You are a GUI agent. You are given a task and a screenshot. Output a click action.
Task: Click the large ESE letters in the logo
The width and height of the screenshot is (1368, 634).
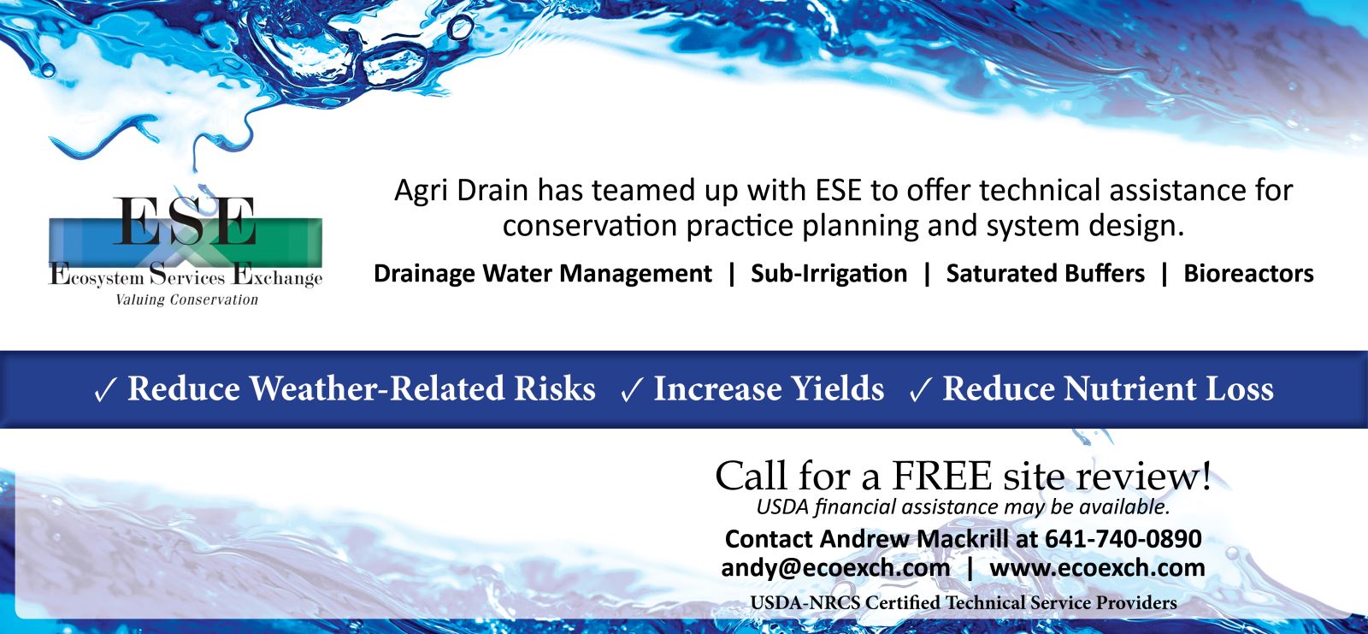tap(185, 221)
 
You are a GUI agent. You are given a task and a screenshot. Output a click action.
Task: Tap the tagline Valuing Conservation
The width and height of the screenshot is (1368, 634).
tap(187, 299)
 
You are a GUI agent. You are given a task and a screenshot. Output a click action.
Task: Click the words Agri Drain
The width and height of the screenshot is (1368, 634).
tap(461, 191)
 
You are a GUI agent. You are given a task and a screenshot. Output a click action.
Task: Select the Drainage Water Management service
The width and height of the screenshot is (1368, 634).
tap(542, 273)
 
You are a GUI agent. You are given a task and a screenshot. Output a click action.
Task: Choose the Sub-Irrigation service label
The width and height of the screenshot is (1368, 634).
tap(828, 273)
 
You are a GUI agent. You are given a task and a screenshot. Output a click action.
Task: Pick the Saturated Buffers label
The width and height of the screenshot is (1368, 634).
tap(1045, 273)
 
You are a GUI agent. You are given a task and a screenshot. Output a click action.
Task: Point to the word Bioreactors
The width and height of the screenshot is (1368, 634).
tap(1248, 273)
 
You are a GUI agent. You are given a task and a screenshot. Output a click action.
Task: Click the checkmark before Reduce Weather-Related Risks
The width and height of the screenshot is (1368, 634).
tap(105, 390)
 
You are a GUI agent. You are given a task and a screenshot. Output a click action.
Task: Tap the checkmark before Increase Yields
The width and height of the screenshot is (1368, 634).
tap(632, 390)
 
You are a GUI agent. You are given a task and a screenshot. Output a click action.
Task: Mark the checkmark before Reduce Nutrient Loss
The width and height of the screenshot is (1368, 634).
tap(920, 390)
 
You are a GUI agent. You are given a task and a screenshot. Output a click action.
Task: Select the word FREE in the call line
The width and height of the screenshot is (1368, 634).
tap(941, 476)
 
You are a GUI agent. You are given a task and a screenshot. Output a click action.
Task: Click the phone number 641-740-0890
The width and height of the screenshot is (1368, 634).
tap(1123, 539)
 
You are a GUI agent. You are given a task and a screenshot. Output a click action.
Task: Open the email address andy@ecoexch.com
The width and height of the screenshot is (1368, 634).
tap(835, 568)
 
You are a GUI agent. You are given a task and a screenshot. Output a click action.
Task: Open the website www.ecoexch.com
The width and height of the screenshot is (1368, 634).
tap(1097, 568)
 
